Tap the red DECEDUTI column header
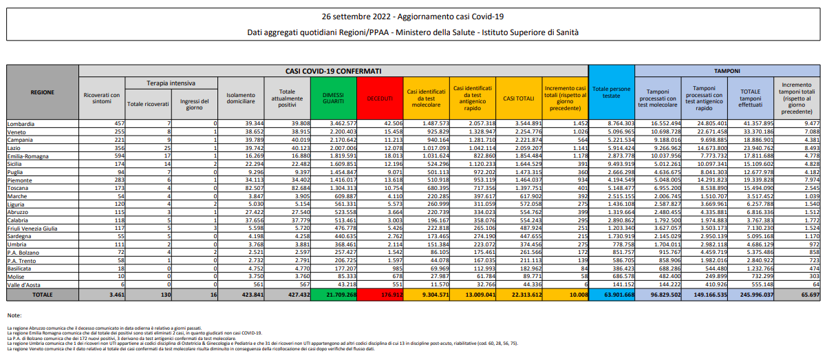(x=379, y=97)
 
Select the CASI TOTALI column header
(x=519, y=97)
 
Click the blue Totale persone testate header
(x=611, y=92)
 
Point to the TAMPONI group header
(x=727, y=71)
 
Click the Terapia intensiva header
(x=171, y=82)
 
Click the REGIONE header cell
(x=42, y=92)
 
